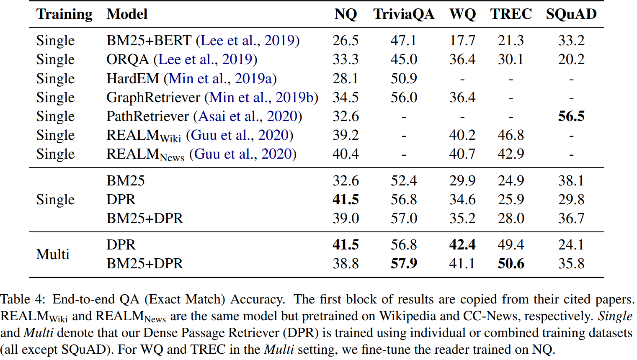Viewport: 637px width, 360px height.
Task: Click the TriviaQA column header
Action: point(403,14)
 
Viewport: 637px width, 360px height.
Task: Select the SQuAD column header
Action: point(571,14)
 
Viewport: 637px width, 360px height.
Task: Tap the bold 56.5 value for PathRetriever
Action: point(571,116)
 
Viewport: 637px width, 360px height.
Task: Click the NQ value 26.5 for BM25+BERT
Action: point(346,41)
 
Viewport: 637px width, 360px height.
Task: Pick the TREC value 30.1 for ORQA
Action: point(511,59)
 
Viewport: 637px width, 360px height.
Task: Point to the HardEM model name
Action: point(133,79)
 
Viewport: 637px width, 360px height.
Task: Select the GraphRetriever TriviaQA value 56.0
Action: point(404,98)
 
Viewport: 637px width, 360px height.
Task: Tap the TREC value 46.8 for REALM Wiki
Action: point(511,135)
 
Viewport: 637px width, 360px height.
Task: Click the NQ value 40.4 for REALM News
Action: point(346,154)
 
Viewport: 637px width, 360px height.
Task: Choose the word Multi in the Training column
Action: point(53,254)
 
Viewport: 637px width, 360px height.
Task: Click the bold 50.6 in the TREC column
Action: point(511,264)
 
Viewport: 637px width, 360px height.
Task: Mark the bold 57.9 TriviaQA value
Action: point(404,264)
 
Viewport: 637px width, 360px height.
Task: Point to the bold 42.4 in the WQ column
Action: point(462,245)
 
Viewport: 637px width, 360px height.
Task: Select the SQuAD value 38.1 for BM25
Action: point(571,181)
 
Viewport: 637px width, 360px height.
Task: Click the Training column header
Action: point(64,14)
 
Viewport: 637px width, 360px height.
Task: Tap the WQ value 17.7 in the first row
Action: point(462,41)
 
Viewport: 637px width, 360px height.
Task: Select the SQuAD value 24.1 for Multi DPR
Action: point(571,245)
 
